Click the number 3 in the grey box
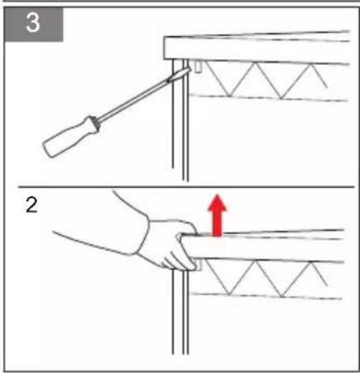coord(33,23)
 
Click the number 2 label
coord(32,205)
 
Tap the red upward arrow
coord(217,215)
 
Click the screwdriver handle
coord(71,136)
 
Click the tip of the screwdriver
coord(189,69)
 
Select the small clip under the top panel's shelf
coord(198,66)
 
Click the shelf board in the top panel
coord(257,47)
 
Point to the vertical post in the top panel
coord(180,120)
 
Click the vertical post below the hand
coord(180,311)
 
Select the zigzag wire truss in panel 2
coord(266,278)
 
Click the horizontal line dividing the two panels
coord(186,187)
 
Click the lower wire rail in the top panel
coord(268,97)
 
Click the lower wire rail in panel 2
coord(266,296)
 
